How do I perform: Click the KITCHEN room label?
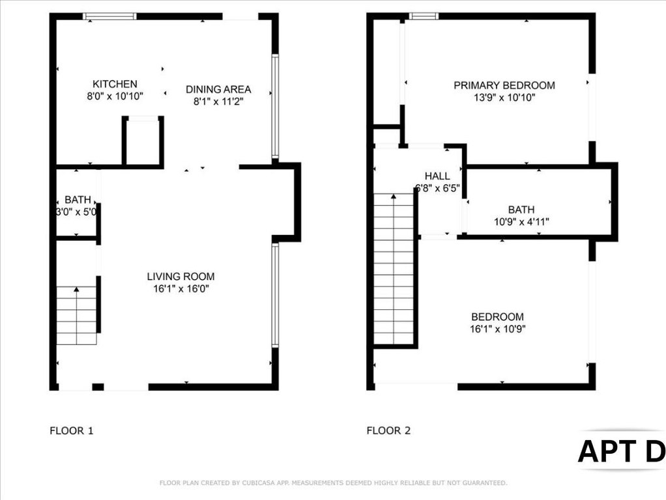tap(115, 84)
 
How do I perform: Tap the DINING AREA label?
tap(218, 90)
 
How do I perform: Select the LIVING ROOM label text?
tap(181, 277)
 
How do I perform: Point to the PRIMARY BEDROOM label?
tap(504, 85)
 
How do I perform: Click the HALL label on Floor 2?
tap(437, 176)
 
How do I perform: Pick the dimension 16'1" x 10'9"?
tap(498, 329)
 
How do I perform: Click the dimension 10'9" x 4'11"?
tap(521, 221)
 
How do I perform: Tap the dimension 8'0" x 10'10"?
tap(115, 96)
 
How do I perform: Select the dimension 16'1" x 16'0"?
tap(181, 289)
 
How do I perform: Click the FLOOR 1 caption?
tap(72, 431)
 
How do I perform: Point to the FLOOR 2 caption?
tap(388, 431)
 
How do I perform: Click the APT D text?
tap(622, 451)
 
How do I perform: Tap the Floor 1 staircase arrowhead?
tap(76, 290)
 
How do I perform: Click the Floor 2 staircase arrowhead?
tap(394, 197)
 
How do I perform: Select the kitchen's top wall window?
tap(109, 16)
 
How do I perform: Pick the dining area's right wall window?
tap(275, 107)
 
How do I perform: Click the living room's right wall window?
tap(275, 296)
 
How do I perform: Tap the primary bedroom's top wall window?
tap(424, 16)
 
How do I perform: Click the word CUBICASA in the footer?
tap(259, 483)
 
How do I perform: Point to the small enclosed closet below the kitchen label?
tap(143, 141)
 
